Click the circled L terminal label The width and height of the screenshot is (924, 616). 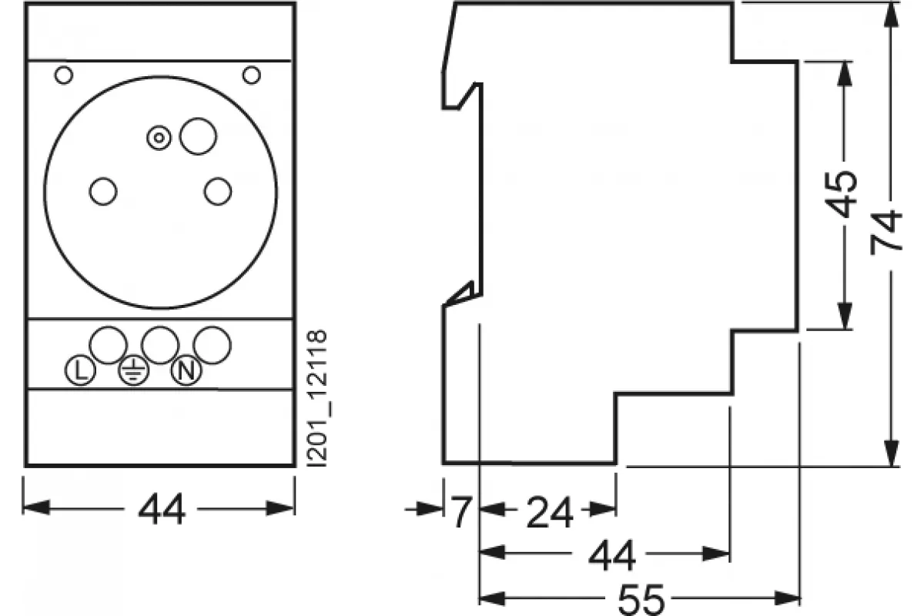[x=80, y=370]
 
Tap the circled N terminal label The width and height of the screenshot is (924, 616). [x=186, y=370]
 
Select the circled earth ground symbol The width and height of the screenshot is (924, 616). [x=134, y=370]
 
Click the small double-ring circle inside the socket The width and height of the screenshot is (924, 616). [x=159, y=138]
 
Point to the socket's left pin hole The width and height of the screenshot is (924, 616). [x=103, y=192]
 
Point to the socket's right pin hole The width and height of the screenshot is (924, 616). [x=218, y=192]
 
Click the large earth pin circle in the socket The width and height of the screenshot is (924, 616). [x=198, y=136]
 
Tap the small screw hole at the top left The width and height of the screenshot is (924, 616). [x=64, y=75]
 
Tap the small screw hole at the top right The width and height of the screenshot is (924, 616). [x=252, y=75]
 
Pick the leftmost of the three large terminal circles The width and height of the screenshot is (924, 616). [x=108, y=345]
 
